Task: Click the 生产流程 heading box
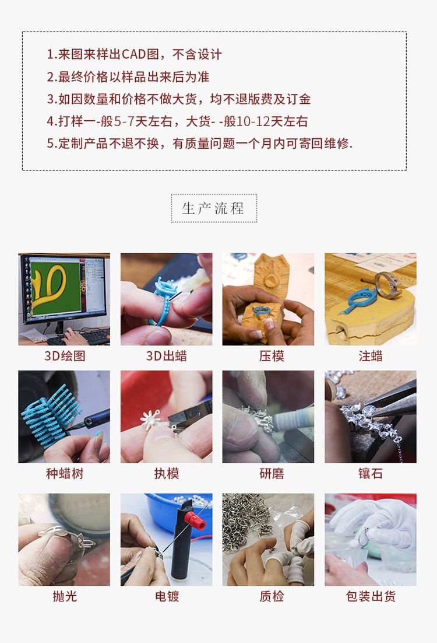click(214, 208)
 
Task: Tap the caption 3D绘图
click(65, 355)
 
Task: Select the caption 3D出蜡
click(166, 355)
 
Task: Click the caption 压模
click(272, 355)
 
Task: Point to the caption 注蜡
click(371, 355)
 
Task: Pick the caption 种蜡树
click(65, 474)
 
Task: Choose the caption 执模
click(166, 474)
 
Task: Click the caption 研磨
click(272, 474)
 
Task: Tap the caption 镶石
click(371, 474)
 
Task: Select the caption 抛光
click(65, 596)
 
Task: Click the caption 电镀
click(166, 596)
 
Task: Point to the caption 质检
click(272, 596)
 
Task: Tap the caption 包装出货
click(371, 596)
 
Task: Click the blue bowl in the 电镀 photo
click(180, 511)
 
